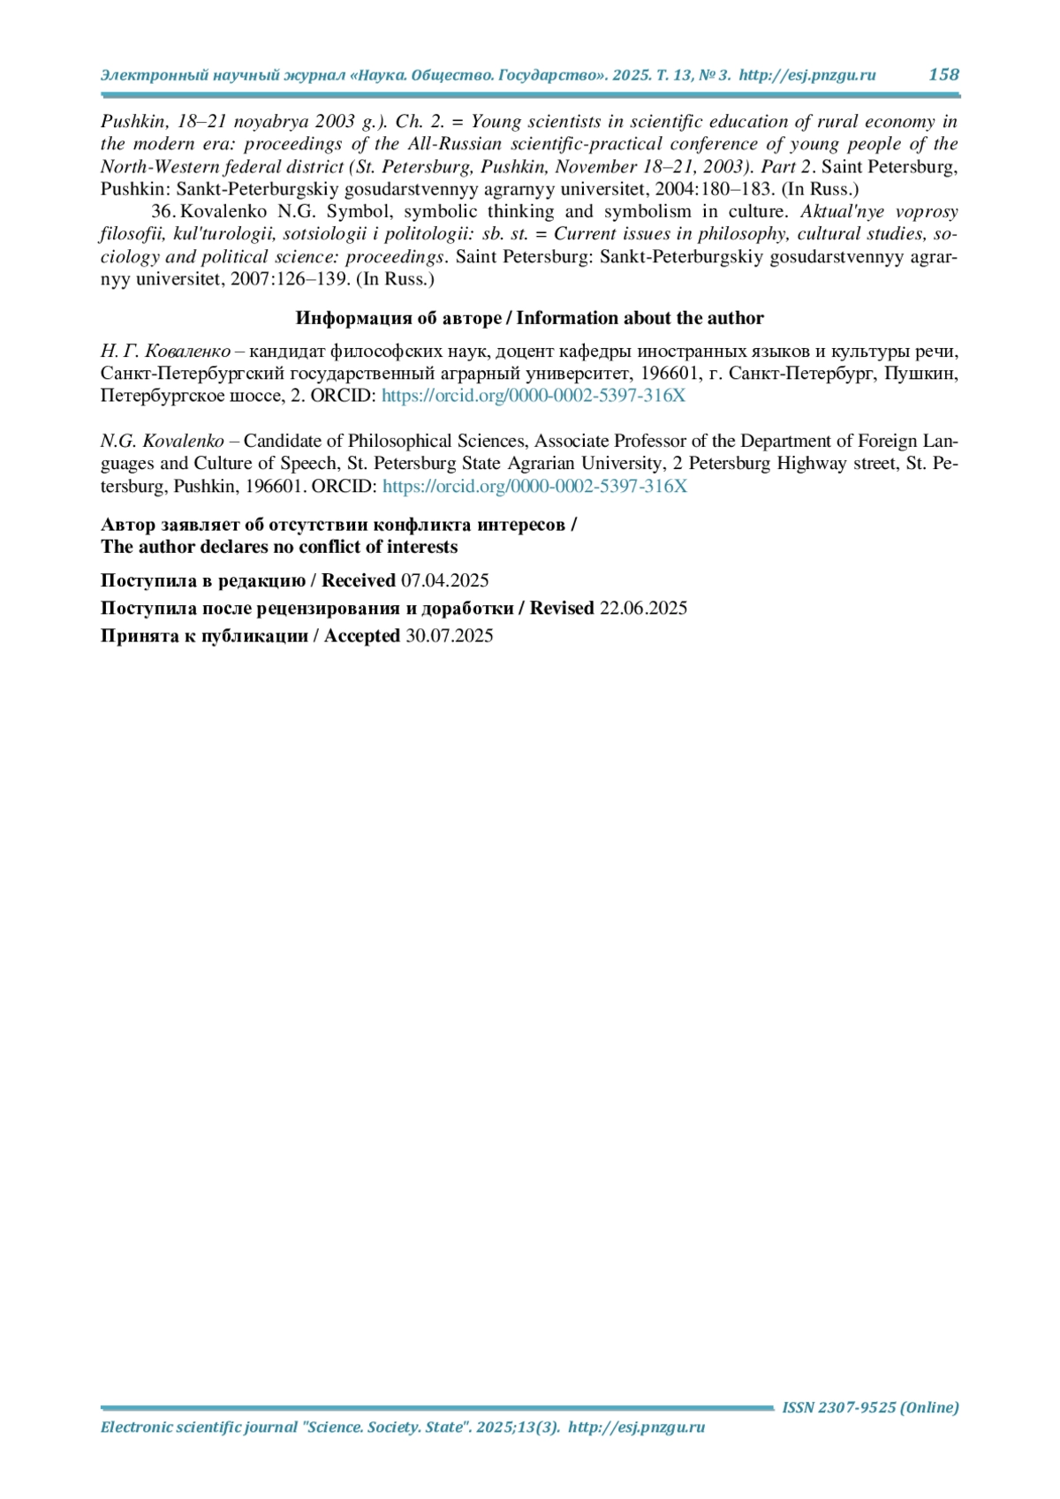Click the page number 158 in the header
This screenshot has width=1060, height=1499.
coord(943,75)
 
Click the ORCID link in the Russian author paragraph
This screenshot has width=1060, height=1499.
coord(533,396)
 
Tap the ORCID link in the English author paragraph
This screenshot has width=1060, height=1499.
coord(534,486)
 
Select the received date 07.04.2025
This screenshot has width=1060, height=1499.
coord(444,580)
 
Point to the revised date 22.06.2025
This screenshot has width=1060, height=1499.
coord(643,608)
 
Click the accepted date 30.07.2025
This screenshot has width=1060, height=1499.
coord(449,636)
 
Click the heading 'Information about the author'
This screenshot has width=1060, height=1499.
coord(640,318)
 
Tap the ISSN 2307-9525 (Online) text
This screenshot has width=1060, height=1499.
coord(870,1407)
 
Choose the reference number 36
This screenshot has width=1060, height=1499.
coord(163,212)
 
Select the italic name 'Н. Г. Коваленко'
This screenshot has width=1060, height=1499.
coord(165,351)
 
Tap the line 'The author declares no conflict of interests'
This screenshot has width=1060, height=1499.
coord(279,547)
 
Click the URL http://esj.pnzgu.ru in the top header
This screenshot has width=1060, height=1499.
coord(806,75)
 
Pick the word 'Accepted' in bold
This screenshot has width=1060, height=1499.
coord(362,636)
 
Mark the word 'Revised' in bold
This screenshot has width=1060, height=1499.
coord(562,608)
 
